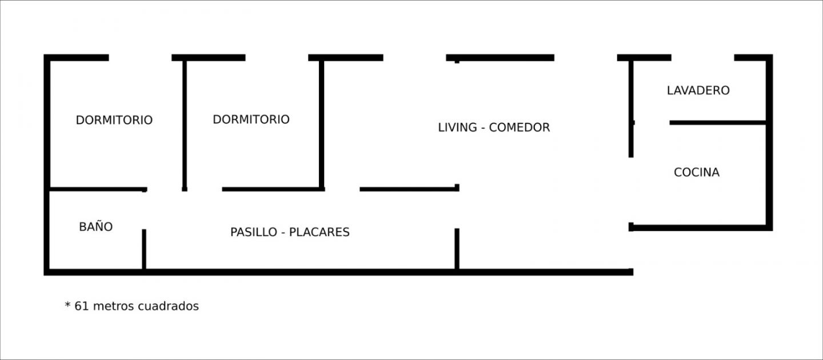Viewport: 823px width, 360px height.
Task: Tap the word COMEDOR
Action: pyautogui.click(x=520, y=127)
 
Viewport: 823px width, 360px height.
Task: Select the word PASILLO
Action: pyautogui.click(x=254, y=232)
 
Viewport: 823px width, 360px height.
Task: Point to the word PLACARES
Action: pyautogui.click(x=319, y=232)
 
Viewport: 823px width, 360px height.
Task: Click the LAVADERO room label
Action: pyautogui.click(x=698, y=90)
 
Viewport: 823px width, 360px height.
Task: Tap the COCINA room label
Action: pyautogui.click(x=697, y=173)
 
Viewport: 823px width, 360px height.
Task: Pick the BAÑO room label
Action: pyautogui.click(x=96, y=226)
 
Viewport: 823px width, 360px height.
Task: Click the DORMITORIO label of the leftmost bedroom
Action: pyautogui.click(x=114, y=120)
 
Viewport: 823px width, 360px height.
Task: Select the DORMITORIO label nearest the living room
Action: pyautogui.click(x=251, y=119)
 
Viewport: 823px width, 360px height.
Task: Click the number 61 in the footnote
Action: pyautogui.click(x=82, y=306)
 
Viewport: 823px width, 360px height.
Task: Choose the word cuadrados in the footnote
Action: pyautogui.click(x=168, y=306)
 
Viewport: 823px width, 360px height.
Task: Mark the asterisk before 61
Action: pyautogui.click(x=67, y=305)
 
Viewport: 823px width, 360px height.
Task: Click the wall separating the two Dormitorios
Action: pyautogui.click(x=185, y=126)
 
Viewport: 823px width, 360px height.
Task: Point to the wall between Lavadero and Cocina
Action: pyautogui.click(x=718, y=123)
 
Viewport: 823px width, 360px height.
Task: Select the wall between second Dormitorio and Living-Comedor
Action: pyautogui.click(x=321, y=125)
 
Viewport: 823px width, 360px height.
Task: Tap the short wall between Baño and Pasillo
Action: pyautogui.click(x=144, y=250)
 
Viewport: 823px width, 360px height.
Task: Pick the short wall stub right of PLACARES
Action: pyautogui.click(x=457, y=249)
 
